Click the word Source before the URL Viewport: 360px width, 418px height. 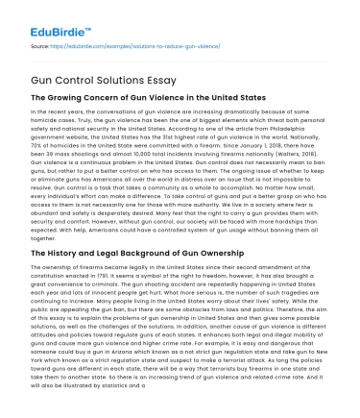pyautogui.click(x=37, y=44)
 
